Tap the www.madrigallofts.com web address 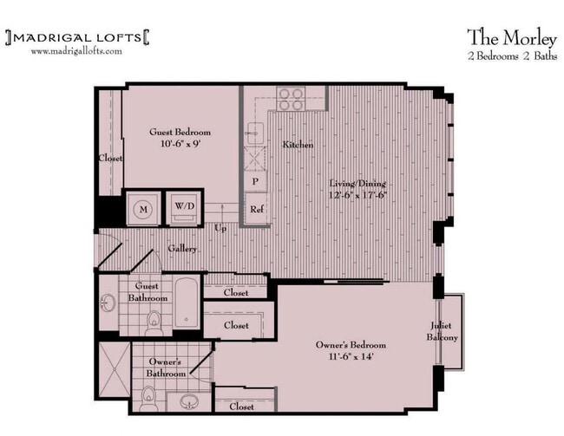point(76,51)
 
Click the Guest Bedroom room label point(180,133)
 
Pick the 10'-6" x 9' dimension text point(180,145)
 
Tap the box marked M point(141,208)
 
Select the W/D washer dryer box point(184,207)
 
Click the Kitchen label point(298,145)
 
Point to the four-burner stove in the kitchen point(290,96)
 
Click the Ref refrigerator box point(256,209)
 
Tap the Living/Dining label point(357,184)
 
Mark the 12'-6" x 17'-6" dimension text point(357,196)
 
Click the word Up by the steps point(222,228)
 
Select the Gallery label point(183,249)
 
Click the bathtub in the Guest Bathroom point(187,303)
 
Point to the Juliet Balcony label point(443,331)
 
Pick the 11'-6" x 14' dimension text point(351,357)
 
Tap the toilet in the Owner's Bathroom point(148,400)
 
